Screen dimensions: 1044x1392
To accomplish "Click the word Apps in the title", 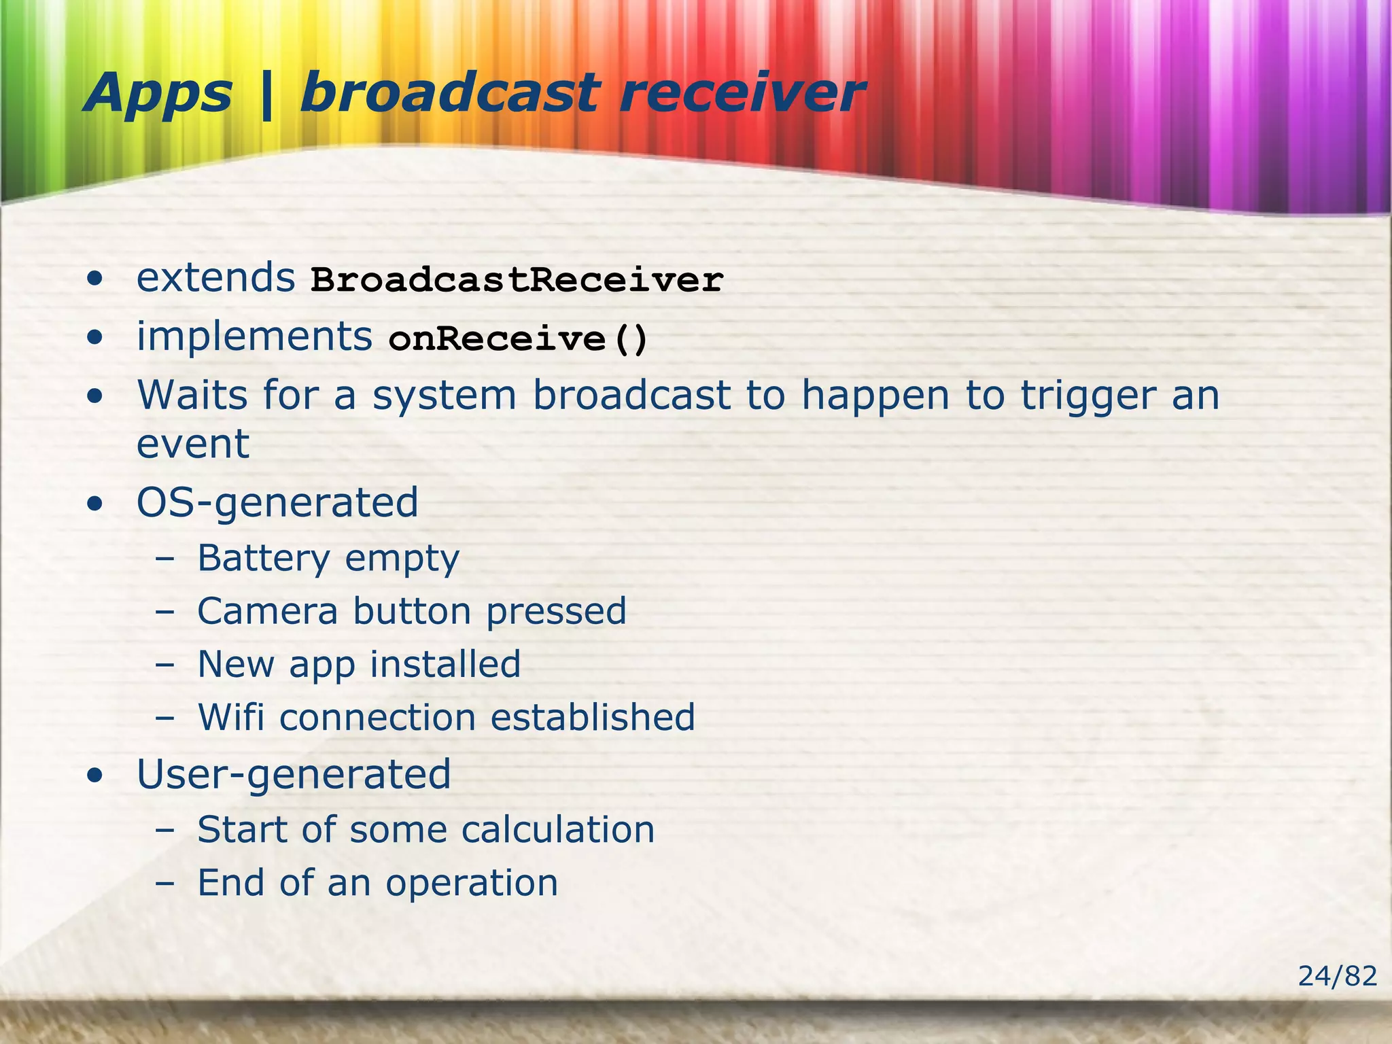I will point(158,94).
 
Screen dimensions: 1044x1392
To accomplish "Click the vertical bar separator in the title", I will point(266,95).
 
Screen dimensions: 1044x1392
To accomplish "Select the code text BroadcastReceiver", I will point(517,280).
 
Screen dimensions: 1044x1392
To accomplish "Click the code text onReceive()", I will point(518,338).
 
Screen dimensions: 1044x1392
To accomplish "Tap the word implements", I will point(254,336).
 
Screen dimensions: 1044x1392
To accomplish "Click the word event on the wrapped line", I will point(193,445).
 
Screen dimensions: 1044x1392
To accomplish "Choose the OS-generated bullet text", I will point(277,504).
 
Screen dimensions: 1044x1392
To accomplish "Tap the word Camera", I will point(267,611).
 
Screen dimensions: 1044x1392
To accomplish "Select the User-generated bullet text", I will point(294,775).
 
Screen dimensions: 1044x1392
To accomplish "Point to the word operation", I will point(472,884).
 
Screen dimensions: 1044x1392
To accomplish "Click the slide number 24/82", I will point(1337,977).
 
